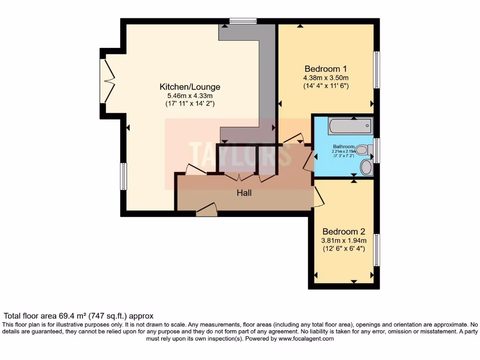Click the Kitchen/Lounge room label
tap(190, 87)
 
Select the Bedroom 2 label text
tap(344, 232)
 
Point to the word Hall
tap(244, 192)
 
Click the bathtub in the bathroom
tap(350, 126)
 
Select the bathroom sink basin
tap(367, 167)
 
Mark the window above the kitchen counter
tap(243, 21)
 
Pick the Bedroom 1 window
tap(376, 69)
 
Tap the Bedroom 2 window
tap(376, 250)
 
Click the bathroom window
tap(376, 150)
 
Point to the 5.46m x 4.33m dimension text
tap(190, 95)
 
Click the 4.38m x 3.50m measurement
tap(326, 77)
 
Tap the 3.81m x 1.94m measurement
tap(344, 240)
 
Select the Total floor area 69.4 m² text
tap(78, 316)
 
